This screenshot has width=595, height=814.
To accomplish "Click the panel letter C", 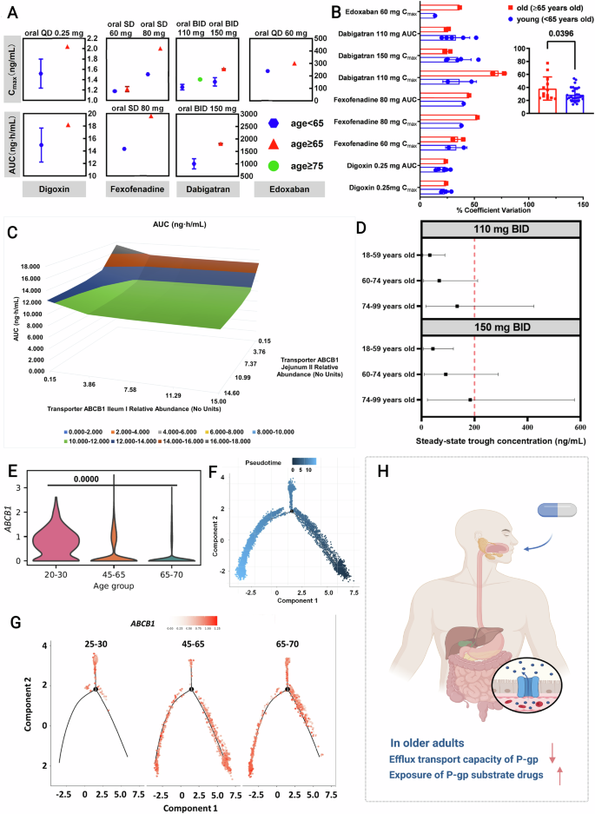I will (x=11, y=233).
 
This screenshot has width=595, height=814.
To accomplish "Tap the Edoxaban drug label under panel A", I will (x=282, y=188).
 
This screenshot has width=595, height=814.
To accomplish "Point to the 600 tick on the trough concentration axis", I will (x=582, y=427).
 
